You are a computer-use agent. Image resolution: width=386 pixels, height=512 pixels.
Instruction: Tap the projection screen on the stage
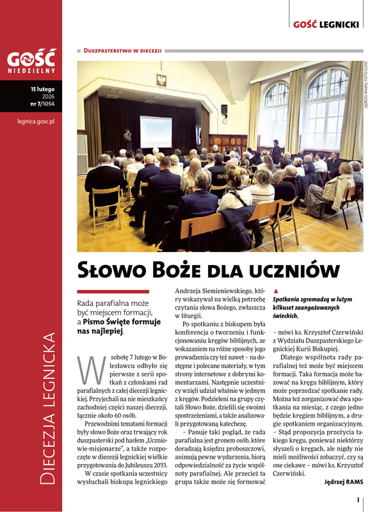155,130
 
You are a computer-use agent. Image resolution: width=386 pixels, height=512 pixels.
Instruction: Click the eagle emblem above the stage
161,81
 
